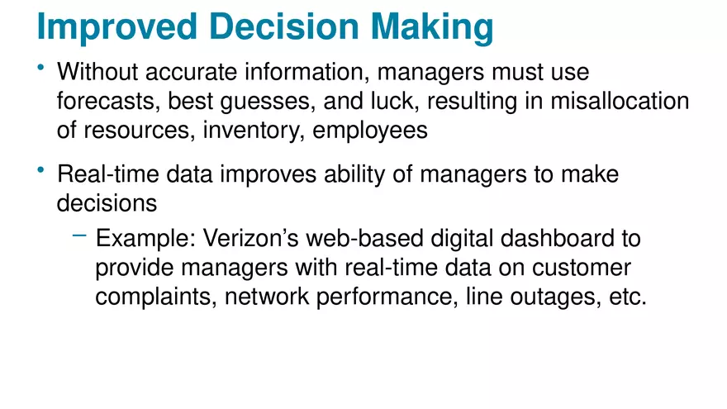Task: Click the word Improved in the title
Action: [116, 26]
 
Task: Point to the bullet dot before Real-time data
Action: [41, 169]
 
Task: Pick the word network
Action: [269, 297]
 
